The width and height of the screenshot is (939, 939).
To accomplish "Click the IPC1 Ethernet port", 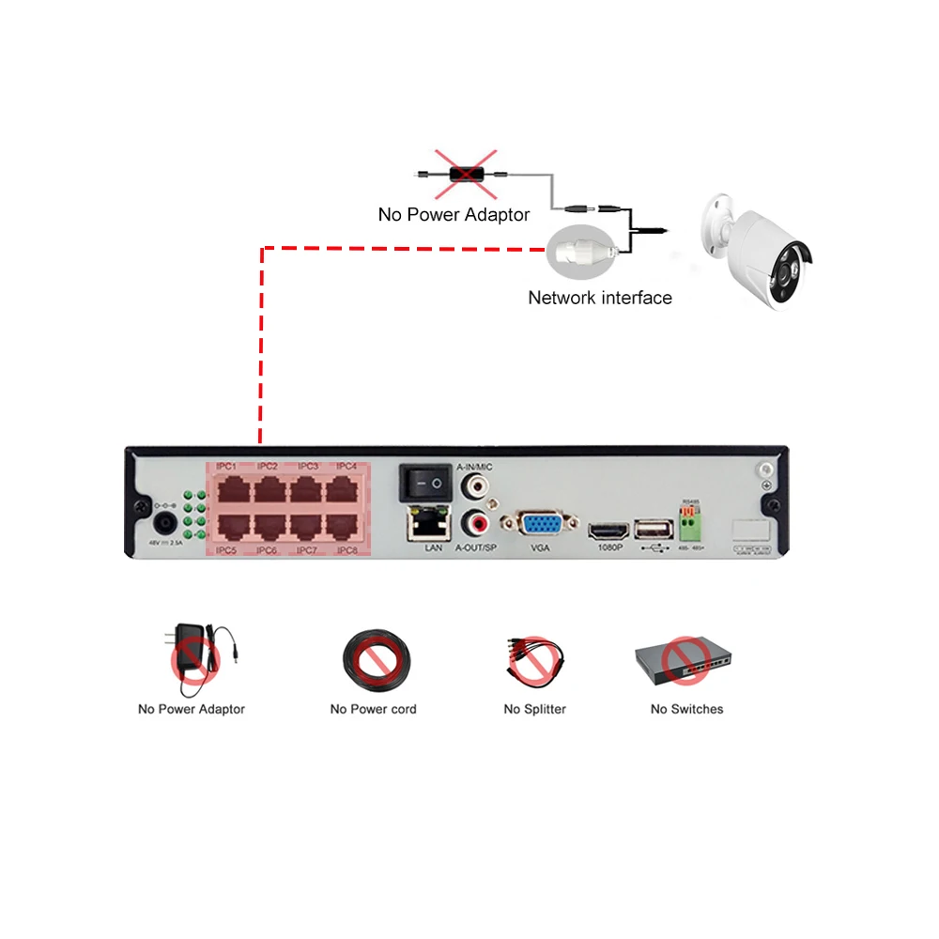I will (x=228, y=489).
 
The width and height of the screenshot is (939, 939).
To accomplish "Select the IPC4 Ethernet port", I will (x=346, y=489).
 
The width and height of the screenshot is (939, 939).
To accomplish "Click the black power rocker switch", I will (x=423, y=484).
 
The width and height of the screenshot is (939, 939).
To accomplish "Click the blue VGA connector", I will (x=540, y=525).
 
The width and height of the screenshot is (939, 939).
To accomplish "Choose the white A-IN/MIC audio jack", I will (x=474, y=486).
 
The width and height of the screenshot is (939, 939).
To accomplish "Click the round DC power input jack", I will (x=165, y=522).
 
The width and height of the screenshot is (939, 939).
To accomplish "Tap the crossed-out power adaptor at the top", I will (x=466, y=175).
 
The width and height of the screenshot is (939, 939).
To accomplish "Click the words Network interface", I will (x=600, y=298).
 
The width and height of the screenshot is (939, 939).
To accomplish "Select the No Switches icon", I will (x=685, y=662).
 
